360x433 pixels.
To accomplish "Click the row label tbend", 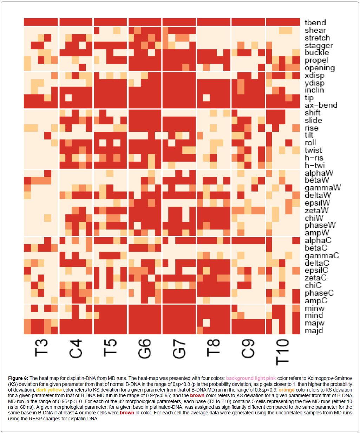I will [x=315, y=23].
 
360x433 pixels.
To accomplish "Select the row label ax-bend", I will [x=321, y=105].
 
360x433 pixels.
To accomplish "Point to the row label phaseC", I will [x=319, y=293].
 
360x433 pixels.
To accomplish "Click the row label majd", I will [x=314, y=331].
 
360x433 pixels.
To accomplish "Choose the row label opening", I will [x=320, y=68].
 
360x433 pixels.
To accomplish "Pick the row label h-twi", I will [x=315, y=165].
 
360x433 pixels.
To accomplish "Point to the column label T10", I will [x=283, y=352].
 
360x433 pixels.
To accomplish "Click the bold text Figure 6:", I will [x=18, y=378].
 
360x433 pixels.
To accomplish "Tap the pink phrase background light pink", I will [x=251, y=378].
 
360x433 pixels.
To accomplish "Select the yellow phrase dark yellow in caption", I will [x=49, y=390].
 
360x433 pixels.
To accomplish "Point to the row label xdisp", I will [x=314, y=76].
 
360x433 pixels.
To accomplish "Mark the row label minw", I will [x=314, y=309].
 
